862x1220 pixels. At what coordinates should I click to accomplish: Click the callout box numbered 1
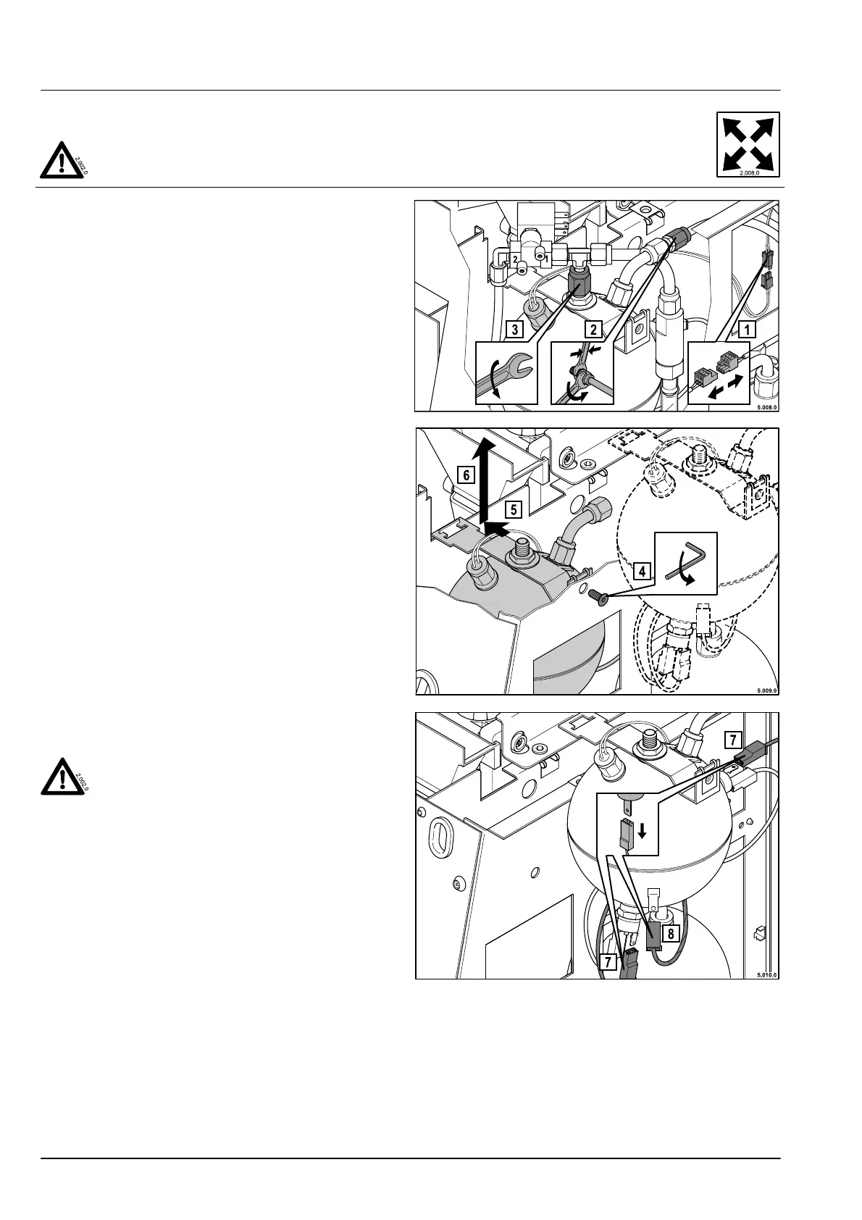(x=746, y=330)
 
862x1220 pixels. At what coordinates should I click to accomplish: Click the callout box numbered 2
(x=593, y=330)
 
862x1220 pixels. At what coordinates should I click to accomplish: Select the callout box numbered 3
(x=515, y=330)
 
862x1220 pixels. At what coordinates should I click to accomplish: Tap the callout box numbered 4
(x=641, y=570)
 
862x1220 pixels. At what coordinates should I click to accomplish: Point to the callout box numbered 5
(x=513, y=509)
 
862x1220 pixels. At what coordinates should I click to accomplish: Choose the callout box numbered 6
(x=467, y=475)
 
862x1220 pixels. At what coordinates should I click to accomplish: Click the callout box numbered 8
(x=671, y=933)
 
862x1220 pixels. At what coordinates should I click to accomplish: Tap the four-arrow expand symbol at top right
(x=748, y=144)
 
